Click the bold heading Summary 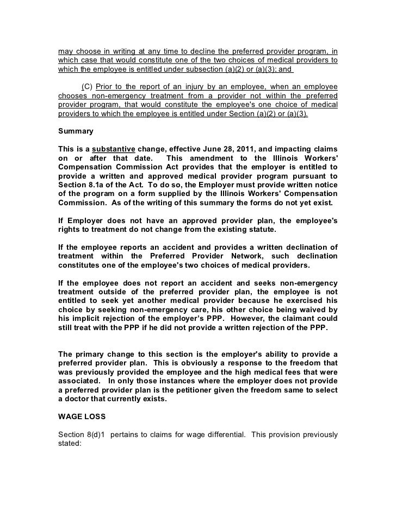(76, 131)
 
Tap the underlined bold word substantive (114, 149)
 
